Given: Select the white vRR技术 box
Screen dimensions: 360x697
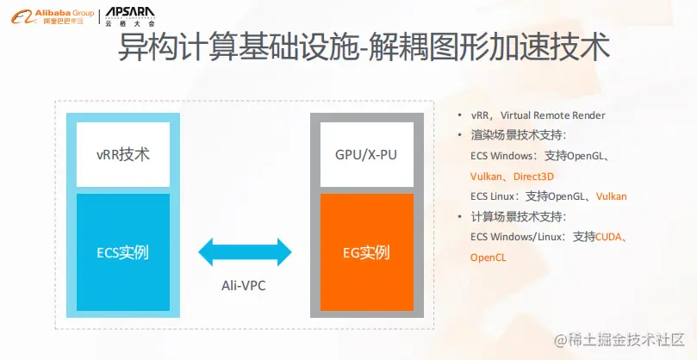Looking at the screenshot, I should point(123,155).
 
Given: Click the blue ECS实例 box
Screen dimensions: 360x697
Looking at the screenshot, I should point(123,252).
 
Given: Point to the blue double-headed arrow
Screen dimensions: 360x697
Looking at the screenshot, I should point(246,253).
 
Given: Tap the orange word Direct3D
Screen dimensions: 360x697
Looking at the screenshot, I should point(533,176).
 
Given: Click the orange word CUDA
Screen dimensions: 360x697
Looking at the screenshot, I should point(608,237).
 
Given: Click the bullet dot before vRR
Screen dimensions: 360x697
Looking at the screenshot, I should point(461,115).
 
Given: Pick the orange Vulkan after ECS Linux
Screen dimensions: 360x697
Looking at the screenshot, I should point(612,196).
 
